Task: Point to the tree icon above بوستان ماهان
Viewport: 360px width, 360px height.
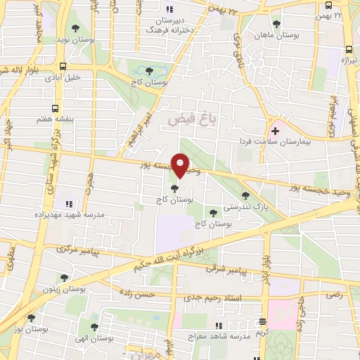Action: pyautogui.click(x=276, y=23)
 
